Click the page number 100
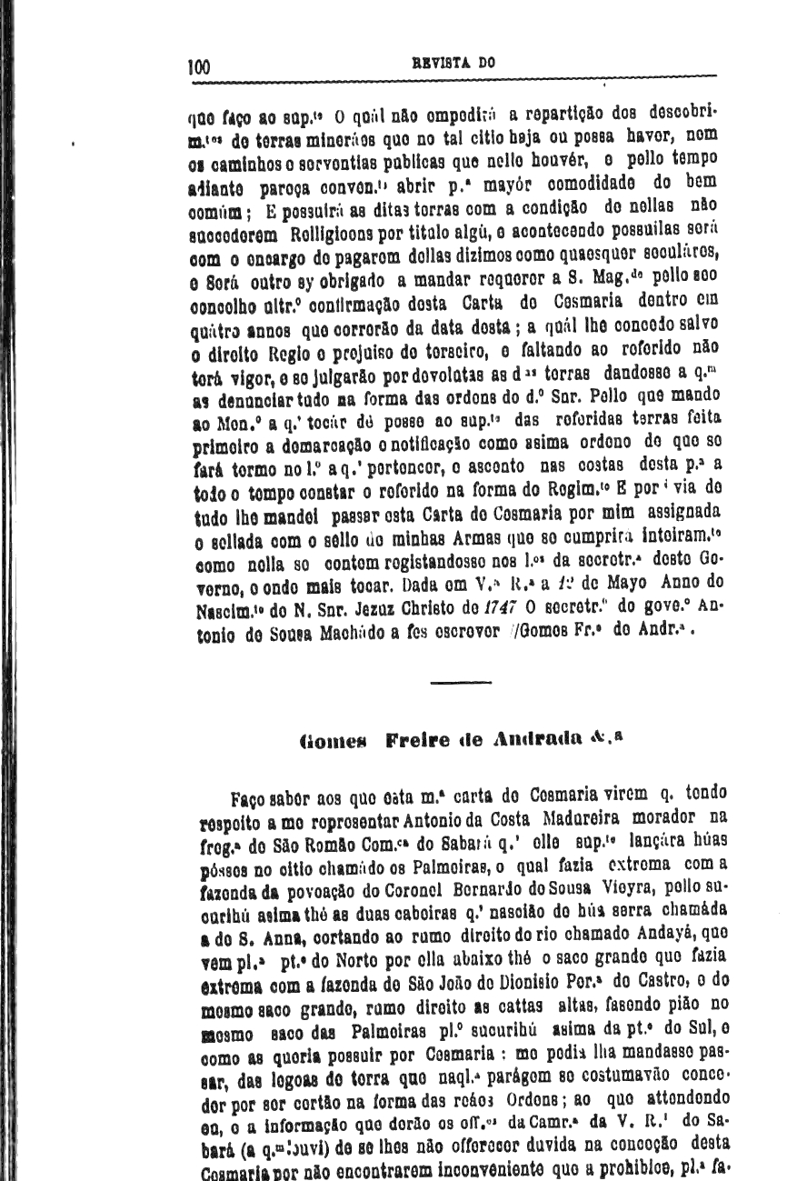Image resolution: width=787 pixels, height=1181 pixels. coord(198,66)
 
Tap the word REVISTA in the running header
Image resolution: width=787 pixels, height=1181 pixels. coord(440,65)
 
